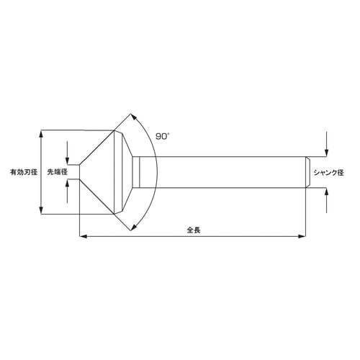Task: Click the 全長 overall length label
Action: tap(193, 230)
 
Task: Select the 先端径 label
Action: tap(57, 173)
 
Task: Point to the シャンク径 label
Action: tap(330, 173)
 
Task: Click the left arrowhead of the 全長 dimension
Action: tap(82, 235)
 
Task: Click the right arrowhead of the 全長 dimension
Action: tap(303, 235)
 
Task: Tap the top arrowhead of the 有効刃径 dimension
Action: tap(42, 134)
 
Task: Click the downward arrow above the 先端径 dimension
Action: tap(67, 160)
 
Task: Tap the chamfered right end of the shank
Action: tap(308, 173)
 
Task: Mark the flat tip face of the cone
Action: tap(78, 173)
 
